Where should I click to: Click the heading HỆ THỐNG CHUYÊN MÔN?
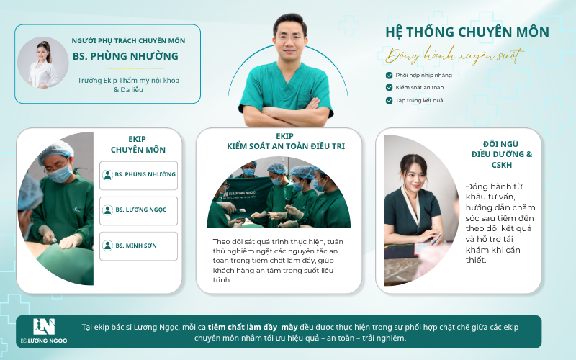467,32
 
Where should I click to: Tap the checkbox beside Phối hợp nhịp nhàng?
389,76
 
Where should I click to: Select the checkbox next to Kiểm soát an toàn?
389,87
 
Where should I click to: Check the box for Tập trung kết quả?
389,100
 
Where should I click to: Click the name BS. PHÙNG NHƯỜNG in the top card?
125,56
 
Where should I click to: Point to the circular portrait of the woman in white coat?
43,63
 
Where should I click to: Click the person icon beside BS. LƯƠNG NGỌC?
107,210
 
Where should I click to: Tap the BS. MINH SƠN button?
138,246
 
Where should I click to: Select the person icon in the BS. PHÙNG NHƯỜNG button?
107,174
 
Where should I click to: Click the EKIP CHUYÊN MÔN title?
138,145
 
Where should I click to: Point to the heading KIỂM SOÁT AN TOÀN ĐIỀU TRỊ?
286,146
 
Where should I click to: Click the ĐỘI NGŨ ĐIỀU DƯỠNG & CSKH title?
501,154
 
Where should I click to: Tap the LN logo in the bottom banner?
44,327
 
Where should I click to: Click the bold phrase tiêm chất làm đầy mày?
253,328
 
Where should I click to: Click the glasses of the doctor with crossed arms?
290,37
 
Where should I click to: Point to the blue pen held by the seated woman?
437,239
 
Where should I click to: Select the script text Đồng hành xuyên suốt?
454,55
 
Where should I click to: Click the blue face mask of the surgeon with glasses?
60,174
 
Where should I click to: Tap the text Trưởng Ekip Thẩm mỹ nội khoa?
128,81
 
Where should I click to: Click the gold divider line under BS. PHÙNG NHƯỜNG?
125,68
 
